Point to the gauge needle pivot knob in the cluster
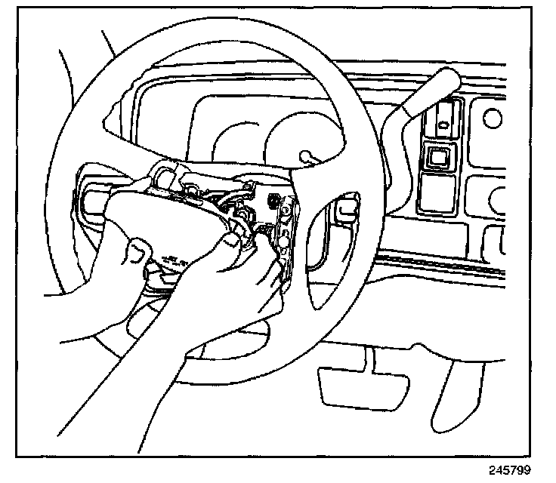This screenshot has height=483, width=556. click(x=306, y=156)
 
